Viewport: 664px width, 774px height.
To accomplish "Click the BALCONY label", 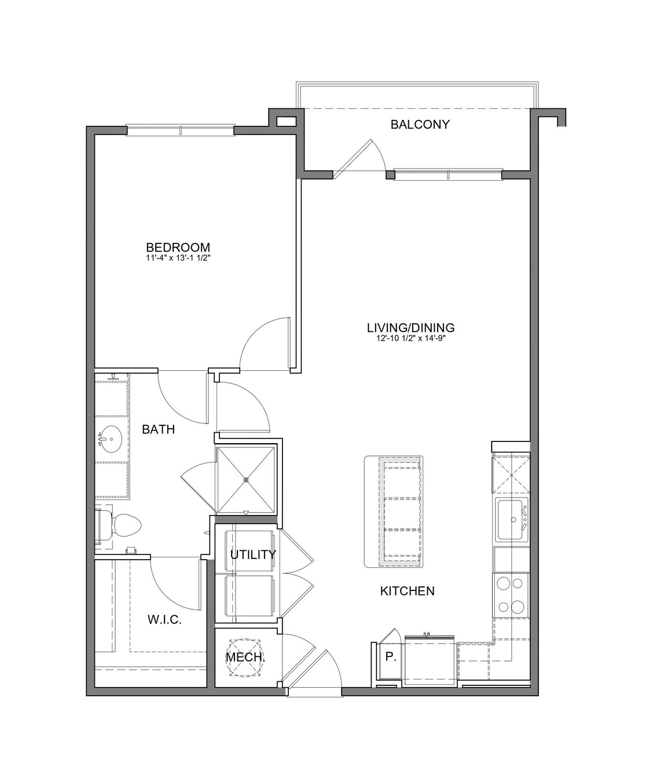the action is coord(420,125).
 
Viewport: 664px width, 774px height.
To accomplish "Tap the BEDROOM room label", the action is coord(178,247).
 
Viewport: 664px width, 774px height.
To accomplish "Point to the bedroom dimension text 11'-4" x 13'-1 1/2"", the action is coord(178,258).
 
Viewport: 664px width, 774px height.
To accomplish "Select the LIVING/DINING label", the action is coord(410,328).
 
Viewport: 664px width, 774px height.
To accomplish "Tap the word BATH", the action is coord(158,429).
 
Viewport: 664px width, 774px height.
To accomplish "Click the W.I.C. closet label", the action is coord(164,620).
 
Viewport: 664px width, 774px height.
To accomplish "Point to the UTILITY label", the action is coord(253,554).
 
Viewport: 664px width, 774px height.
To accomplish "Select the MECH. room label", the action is coord(245,657).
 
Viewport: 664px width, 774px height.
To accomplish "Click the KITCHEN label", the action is coord(408,591).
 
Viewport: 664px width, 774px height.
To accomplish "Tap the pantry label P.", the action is coord(391,656).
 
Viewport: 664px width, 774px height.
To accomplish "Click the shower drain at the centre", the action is coord(246,480).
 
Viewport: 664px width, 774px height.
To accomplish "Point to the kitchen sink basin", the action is coord(511,519).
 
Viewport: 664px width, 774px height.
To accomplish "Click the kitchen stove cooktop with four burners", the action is coord(511,596).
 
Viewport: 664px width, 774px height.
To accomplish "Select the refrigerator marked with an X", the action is coord(511,475).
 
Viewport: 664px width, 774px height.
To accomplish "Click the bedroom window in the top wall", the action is coord(180,130).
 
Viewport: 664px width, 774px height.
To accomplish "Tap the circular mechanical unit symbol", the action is coord(245,658).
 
